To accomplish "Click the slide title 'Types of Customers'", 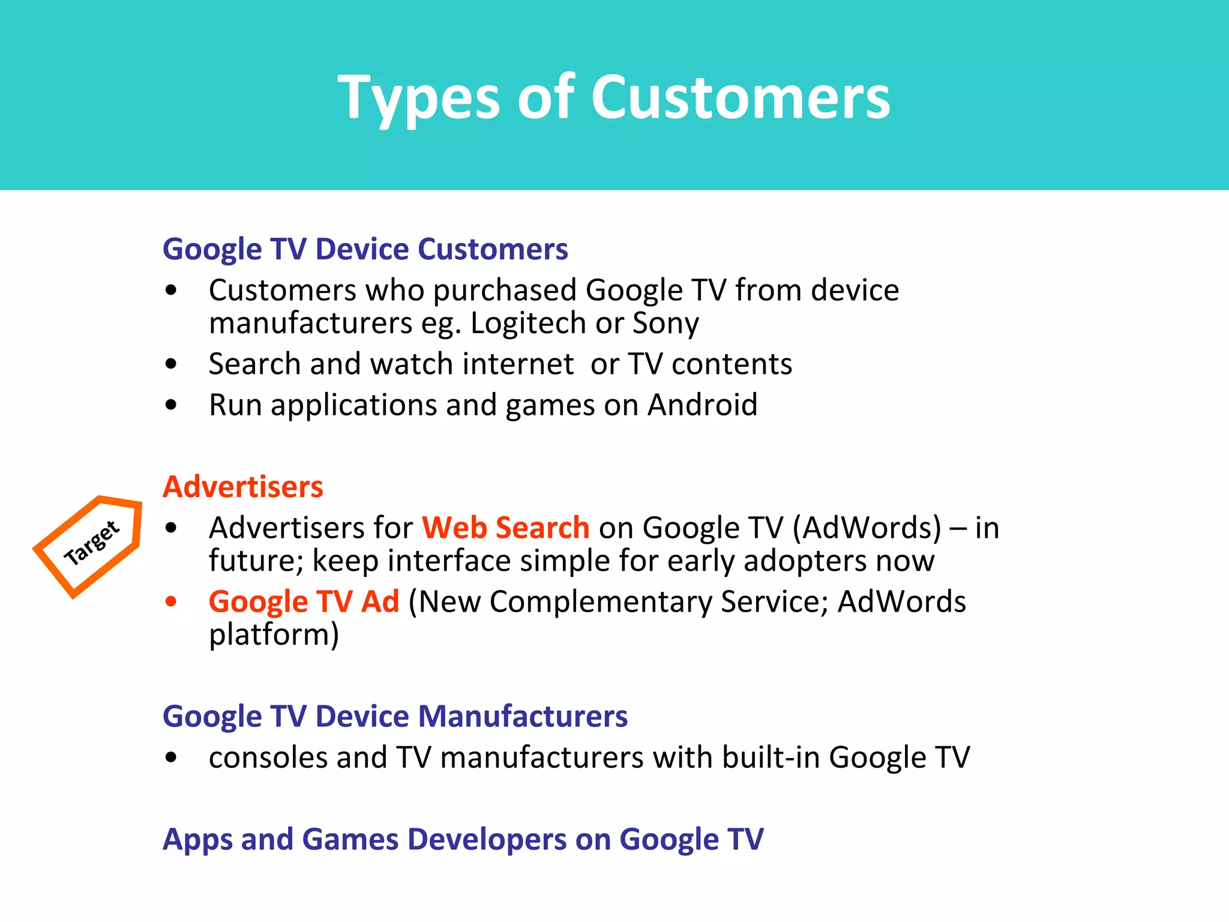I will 614,98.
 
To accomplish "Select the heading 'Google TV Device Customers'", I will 365,249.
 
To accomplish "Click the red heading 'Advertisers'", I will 242,487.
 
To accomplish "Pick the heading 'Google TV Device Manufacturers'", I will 395,716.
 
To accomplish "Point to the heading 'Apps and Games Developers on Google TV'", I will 463,839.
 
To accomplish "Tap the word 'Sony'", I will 666,324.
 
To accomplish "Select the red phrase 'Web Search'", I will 505,528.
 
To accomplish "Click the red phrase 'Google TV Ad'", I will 304,601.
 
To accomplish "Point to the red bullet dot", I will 171,601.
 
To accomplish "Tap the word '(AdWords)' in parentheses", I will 867,528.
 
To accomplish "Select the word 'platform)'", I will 274,634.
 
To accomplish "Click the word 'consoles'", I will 268,758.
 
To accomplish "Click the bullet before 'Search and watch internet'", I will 171,364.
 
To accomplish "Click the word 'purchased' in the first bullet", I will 505,291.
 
